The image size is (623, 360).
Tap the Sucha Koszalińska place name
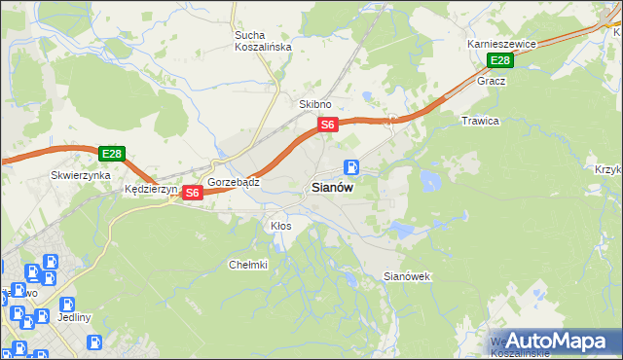[x=258, y=42]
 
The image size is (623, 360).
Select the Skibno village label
[x=315, y=104]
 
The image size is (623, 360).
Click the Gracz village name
[x=491, y=81]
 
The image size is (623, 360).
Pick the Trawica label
[x=479, y=121]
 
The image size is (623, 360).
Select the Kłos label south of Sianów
[x=280, y=225]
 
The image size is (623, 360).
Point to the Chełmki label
[x=247, y=264]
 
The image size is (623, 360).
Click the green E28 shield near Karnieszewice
[x=499, y=61]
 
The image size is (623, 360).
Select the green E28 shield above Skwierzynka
[x=111, y=154]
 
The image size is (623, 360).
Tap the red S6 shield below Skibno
[x=328, y=125]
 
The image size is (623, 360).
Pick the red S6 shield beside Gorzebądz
[x=192, y=193]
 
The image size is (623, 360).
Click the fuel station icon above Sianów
[x=351, y=167]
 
